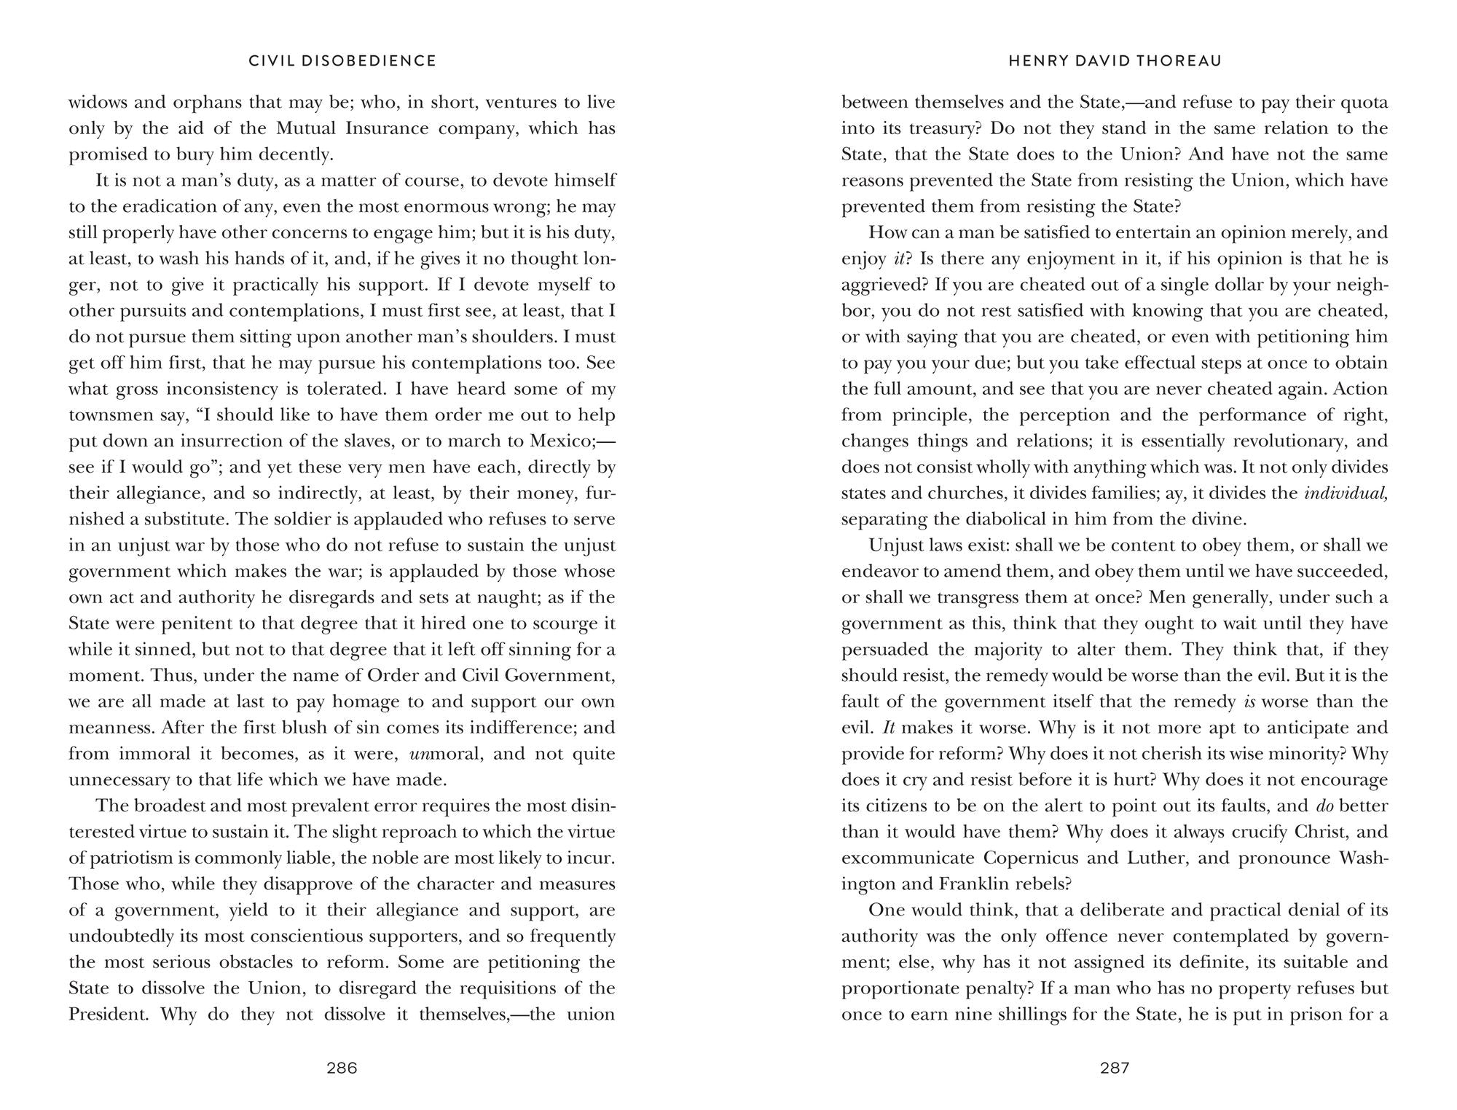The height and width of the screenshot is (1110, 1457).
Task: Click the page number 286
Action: click(342, 1068)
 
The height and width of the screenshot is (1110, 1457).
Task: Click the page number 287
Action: click(1115, 1068)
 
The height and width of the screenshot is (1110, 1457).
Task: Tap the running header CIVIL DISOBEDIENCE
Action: click(342, 61)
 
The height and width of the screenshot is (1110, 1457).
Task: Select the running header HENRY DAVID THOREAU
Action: click(1115, 61)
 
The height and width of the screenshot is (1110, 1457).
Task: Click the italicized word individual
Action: click(1345, 493)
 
